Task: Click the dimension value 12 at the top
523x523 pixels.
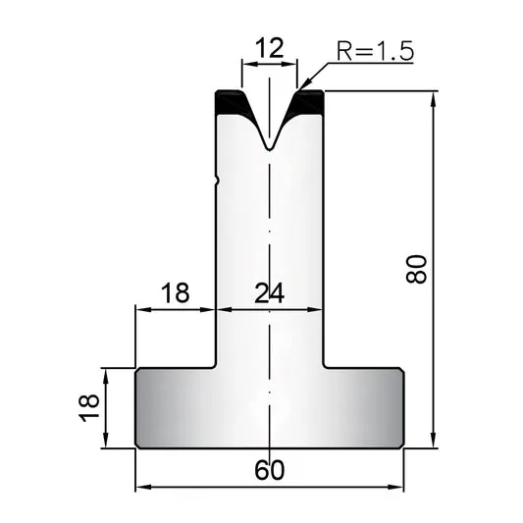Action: (x=269, y=48)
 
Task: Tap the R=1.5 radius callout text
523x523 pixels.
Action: (x=375, y=51)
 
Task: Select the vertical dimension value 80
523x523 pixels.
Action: (x=416, y=269)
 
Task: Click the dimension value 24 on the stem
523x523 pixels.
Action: (x=269, y=293)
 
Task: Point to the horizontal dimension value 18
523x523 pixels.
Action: (x=175, y=292)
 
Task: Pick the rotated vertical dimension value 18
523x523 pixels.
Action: (x=88, y=408)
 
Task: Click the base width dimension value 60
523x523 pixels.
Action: (x=270, y=470)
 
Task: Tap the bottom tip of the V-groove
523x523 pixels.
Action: (x=269, y=150)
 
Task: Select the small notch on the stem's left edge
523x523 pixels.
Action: (x=218, y=181)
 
